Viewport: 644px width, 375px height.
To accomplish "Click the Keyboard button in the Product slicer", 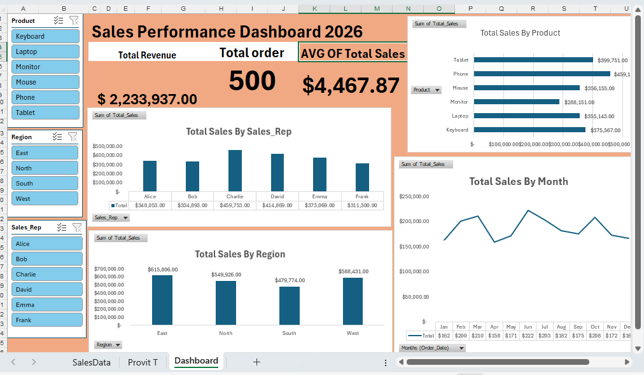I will pyautogui.click(x=45, y=36).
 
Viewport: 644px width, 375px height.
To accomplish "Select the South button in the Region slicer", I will pyautogui.click(x=45, y=183).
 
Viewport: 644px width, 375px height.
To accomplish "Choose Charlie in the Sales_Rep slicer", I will pyautogui.click(x=46, y=275).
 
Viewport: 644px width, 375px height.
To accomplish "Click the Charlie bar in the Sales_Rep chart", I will pyautogui.click(x=235, y=170).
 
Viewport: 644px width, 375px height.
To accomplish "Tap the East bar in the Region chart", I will pyautogui.click(x=162, y=300).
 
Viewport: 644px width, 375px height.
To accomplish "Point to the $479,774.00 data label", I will pyautogui.click(x=290, y=280).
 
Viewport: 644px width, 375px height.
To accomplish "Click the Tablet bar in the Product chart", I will pyautogui.click(x=533, y=60).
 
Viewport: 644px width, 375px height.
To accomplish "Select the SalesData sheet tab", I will pyautogui.click(x=92, y=362).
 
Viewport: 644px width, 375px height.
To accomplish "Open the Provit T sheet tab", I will pyautogui.click(x=143, y=362).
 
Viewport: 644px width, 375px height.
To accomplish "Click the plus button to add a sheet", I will pyautogui.click(x=256, y=362).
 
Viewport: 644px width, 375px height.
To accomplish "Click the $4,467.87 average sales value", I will pyautogui.click(x=351, y=85).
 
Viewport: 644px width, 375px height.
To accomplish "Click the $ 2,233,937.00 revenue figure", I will pyautogui.click(x=147, y=99).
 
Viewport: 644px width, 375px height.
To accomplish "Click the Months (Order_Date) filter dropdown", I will pyautogui.click(x=432, y=348).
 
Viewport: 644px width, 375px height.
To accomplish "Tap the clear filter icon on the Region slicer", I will pyautogui.click(x=73, y=137).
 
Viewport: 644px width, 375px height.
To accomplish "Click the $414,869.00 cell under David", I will pyautogui.click(x=277, y=205).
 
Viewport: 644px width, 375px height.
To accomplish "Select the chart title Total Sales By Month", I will pyautogui.click(x=518, y=181).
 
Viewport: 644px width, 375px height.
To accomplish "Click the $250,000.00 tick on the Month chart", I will pyautogui.click(x=414, y=196).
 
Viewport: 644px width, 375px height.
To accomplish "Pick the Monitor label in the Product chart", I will pyautogui.click(x=459, y=102).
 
